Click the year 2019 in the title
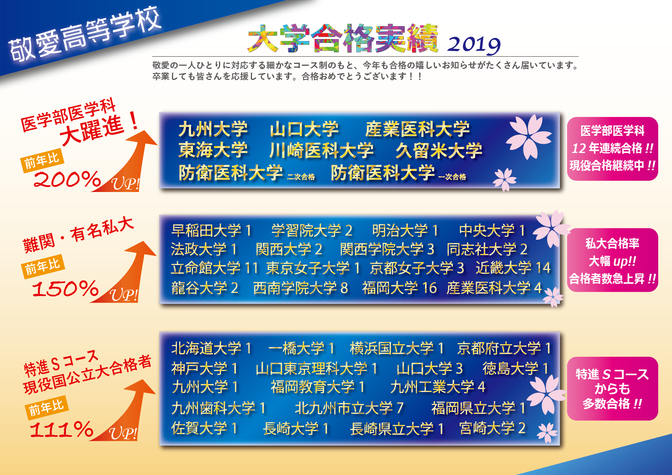tap(474, 45)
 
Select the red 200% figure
tap(67, 179)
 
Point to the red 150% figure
tap(65, 288)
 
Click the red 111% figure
tap(62, 429)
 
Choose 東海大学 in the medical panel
tap(213, 150)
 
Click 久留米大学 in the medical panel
tap(439, 150)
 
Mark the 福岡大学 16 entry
tap(399, 288)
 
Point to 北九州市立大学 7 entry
tap(349, 408)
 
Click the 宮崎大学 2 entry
tap(492, 428)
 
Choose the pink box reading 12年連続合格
tap(613, 149)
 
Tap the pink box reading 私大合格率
tap(613, 260)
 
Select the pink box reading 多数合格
tap(613, 389)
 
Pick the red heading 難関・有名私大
tap(78, 234)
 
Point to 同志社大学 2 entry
tap(487, 249)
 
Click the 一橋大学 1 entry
tap(301, 348)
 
